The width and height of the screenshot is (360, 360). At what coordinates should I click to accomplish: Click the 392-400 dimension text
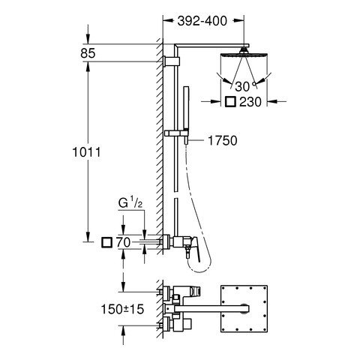click(202, 21)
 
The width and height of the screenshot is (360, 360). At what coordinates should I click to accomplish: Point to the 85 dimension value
click(88, 53)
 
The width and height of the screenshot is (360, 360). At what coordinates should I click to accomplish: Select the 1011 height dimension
click(86, 152)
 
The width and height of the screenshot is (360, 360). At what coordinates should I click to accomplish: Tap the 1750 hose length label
click(223, 140)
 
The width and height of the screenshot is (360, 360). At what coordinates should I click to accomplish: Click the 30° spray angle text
click(245, 86)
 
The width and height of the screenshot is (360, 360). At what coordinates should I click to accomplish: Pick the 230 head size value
click(250, 102)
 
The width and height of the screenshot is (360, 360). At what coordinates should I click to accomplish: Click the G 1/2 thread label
click(130, 204)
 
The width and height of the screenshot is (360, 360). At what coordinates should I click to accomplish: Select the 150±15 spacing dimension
click(122, 309)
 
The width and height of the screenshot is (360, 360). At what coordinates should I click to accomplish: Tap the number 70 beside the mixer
click(123, 242)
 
